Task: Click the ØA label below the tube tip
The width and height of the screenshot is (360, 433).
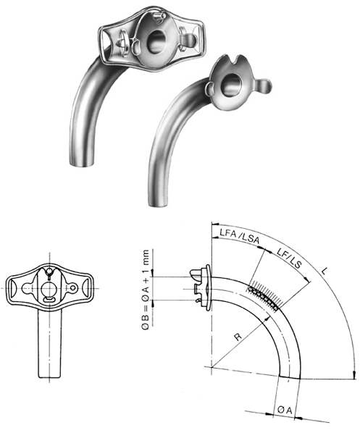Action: coord(285,411)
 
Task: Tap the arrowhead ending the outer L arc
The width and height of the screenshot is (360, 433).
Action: coord(353,374)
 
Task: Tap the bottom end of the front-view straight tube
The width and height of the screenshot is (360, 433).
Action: coord(48,373)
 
